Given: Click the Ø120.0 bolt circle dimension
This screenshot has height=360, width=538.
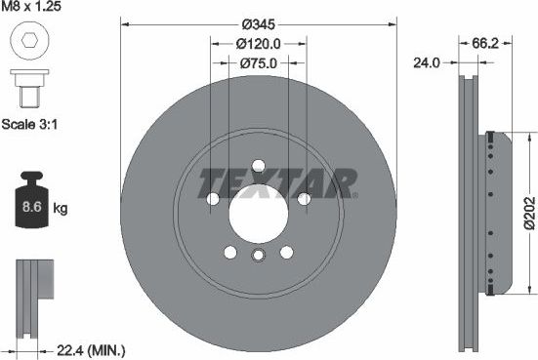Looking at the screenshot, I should point(259,43).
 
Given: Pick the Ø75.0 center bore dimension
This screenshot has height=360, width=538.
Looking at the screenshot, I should point(259,61).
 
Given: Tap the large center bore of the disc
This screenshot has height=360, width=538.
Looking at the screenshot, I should point(259,207).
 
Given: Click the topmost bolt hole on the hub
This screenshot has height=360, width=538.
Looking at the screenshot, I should point(259,166).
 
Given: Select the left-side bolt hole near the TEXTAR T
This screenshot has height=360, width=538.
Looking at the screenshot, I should point(213,199).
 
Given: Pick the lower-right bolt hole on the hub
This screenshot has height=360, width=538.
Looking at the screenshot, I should point(287,253).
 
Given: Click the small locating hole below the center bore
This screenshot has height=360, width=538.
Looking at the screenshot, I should point(259,256).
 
